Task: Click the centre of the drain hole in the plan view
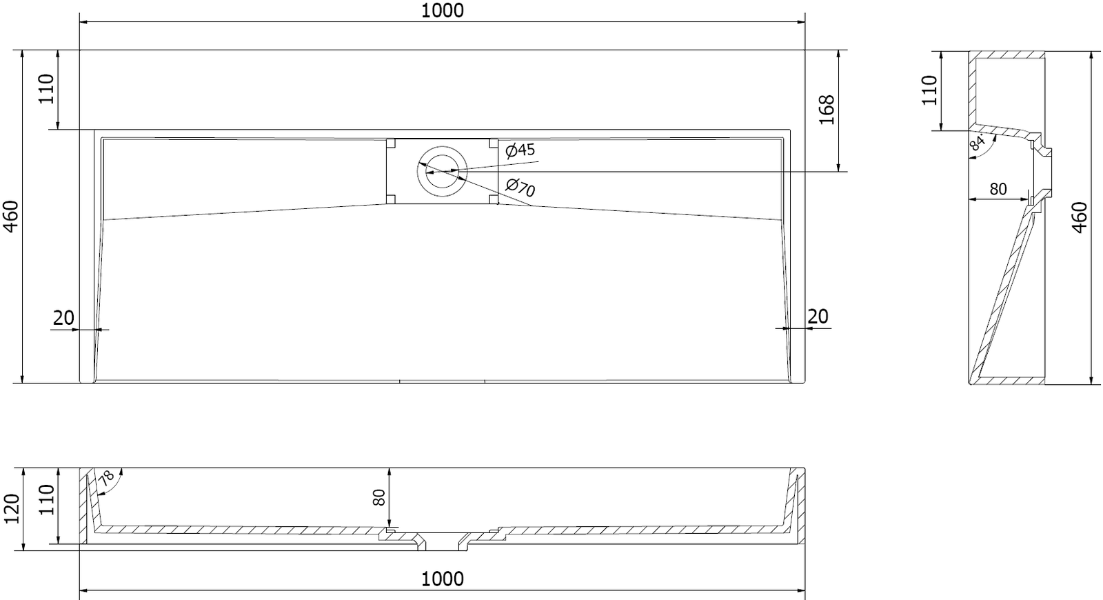click(442, 172)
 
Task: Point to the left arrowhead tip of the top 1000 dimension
click(80, 21)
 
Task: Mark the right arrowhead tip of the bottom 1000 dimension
click(805, 590)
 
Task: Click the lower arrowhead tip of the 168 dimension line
click(838, 172)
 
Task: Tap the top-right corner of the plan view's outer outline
click(805, 50)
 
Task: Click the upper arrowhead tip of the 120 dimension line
click(23, 468)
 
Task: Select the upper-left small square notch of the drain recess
click(391, 143)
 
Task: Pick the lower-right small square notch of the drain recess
click(493, 199)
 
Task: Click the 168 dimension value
click(827, 110)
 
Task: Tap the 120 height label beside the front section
click(11, 509)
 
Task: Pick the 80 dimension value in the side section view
click(998, 189)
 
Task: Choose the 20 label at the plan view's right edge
click(818, 317)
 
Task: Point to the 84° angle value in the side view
click(977, 142)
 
